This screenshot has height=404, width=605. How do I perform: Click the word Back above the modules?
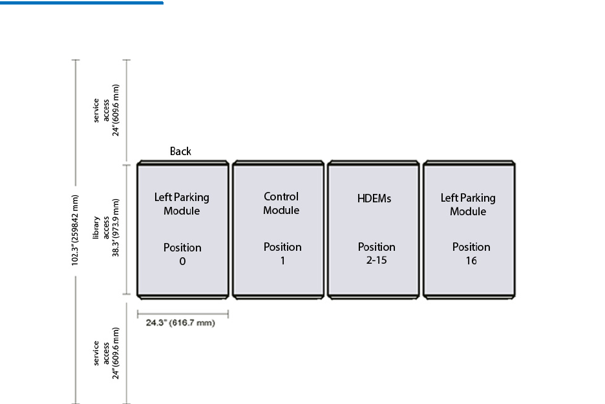(180, 151)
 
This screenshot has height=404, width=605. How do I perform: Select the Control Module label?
(281, 203)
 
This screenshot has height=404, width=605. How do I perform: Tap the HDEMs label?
(374, 198)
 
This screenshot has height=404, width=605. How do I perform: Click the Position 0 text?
(182, 254)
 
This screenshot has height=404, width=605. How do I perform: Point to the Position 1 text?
(282, 253)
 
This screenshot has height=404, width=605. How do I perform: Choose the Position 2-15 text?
(377, 253)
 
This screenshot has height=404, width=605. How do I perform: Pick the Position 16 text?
(471, 253)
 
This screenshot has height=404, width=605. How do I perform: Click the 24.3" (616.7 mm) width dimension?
(182, 322)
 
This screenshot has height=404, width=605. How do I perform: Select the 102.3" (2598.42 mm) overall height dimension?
(76, 230)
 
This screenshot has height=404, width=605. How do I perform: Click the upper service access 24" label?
(107, 111)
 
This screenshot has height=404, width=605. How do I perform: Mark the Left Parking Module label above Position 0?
(182, 204)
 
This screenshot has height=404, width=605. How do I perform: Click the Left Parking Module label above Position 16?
(468, 204)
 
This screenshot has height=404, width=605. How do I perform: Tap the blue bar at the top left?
(81, 3)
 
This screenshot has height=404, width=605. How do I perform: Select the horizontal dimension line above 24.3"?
(182, 314)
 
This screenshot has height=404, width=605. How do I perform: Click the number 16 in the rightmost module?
(471, 261)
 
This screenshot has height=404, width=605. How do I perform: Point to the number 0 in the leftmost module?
(182, 262)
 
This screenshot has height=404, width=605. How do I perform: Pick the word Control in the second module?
(281, 196)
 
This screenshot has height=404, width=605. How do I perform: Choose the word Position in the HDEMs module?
(377, 247)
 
